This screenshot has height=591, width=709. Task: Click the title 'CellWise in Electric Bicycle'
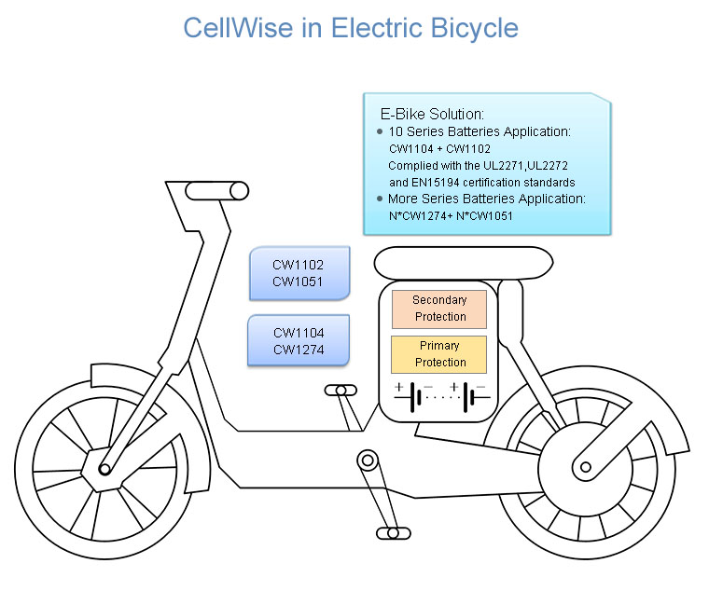point(350,28)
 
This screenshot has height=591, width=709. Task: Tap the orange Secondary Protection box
point(439,309)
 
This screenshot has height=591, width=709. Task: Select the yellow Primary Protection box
point(439,354)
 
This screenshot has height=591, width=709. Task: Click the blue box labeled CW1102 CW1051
point(299,273)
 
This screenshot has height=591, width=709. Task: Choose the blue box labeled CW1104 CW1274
point(299,340)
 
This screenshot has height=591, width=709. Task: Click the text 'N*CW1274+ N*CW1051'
point(451,216)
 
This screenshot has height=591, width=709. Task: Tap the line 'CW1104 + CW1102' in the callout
point(439,148)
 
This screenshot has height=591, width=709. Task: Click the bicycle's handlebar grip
point(216,191)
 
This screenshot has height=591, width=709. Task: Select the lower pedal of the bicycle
point(393,533)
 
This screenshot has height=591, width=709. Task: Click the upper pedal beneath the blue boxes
point(341,390)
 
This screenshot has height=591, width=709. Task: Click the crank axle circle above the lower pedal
point(368,460)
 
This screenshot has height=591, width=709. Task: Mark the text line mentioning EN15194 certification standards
point(481,183)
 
